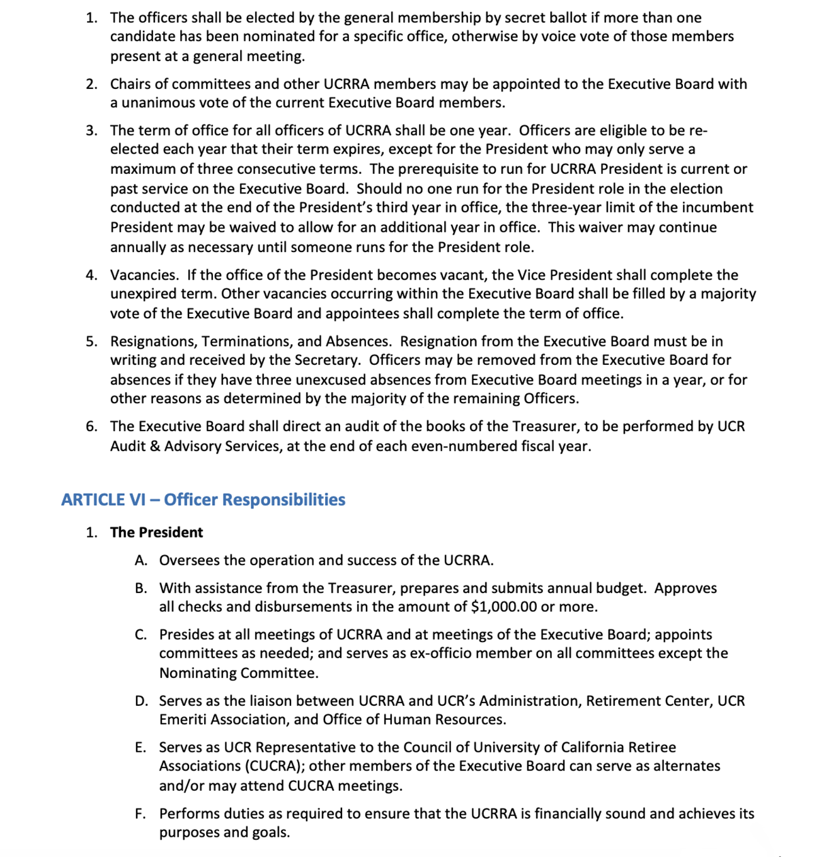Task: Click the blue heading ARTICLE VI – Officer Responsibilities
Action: tap(203, 500)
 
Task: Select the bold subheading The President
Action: tap(156, 532)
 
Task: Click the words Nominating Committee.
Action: tap(238, 673)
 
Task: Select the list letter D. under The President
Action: tap(141, 701)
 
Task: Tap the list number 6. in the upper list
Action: tap(92, 427)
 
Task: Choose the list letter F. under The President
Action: tap(140, 814)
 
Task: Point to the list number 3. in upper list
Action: tap(92, 130)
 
